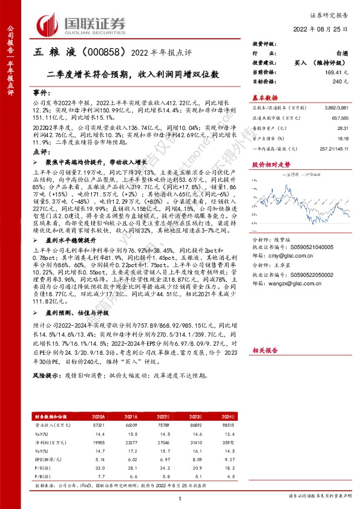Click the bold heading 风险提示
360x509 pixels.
click(x=45, y=392)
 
